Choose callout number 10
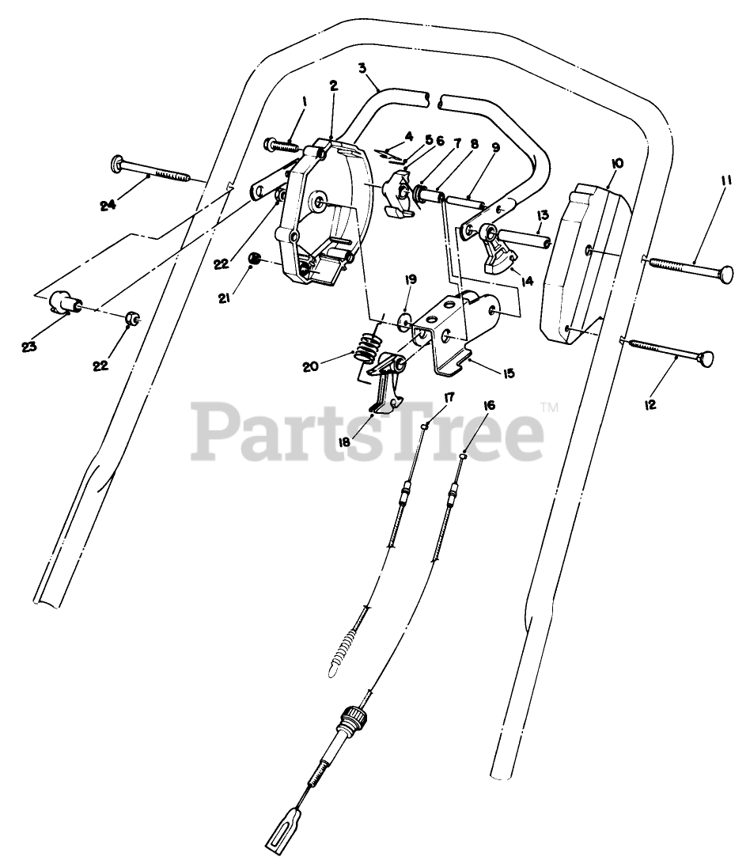coord(617,163)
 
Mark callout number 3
coord(362,68)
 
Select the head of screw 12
coord(706,360)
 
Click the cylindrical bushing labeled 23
coord(62,302)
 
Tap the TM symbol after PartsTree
coord(548,407)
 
